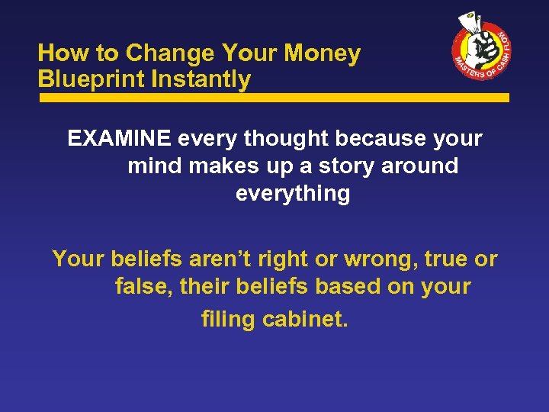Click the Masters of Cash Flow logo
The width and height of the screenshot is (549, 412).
click(x=481, y=50)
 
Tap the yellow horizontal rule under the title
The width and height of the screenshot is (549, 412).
click(x=274, y=98)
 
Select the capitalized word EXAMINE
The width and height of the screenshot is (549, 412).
click(x=119, y=139)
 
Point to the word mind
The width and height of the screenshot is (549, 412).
click(x=154, y=166)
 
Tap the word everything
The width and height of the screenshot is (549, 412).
click(x=293, y=193)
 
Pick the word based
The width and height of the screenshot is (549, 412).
click(x=342, y=287)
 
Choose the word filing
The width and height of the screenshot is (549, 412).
click(x=228, y=319)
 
